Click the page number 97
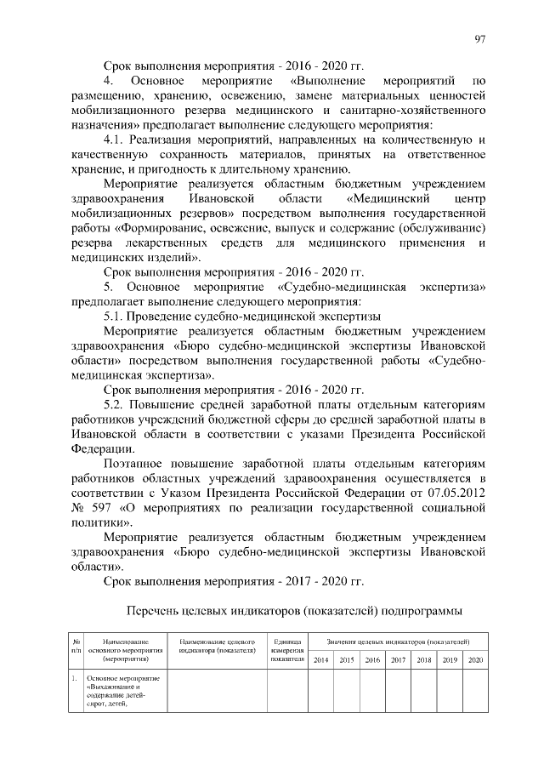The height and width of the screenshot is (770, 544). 480,38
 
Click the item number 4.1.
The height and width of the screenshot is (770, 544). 115,139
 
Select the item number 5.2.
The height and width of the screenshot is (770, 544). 115,404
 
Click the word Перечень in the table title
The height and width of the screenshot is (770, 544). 155,611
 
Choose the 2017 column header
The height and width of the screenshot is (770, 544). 397,660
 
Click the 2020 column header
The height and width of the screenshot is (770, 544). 475,660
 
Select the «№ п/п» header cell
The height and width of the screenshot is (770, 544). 76,645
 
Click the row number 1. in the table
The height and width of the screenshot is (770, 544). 76,678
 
